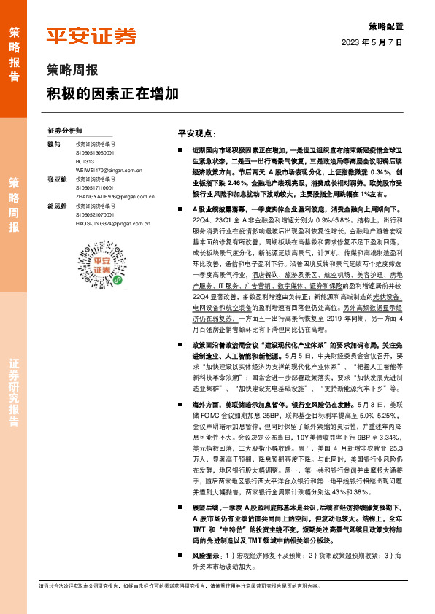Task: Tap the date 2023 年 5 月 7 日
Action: (372, 43)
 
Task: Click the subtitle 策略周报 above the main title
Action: (73, 71)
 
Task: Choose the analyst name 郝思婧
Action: (56, 206)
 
